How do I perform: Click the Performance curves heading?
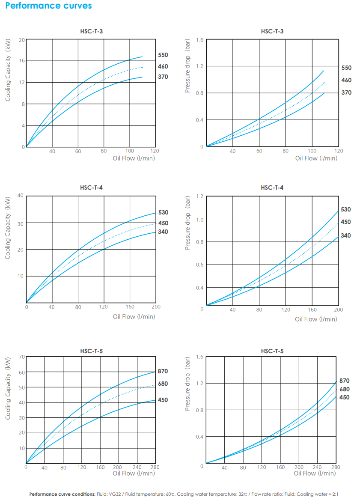48,6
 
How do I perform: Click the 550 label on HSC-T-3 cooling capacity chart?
163,55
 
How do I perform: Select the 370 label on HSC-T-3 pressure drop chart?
346,92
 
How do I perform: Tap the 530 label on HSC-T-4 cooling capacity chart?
163,213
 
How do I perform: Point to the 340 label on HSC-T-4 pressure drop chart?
345,235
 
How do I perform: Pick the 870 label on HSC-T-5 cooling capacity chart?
163,372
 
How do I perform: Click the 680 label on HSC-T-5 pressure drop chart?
344,389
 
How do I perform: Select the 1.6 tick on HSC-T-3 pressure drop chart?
199,40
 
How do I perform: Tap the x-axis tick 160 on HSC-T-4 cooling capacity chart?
130,307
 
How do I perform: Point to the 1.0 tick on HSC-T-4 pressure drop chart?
199,220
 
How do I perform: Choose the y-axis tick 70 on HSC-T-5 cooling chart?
22,357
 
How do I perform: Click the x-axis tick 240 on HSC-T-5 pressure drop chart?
317,467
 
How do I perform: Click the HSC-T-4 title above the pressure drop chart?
272,188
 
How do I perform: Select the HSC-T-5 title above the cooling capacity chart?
91,351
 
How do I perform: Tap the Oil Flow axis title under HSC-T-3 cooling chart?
134,158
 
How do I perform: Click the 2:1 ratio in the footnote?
334,494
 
